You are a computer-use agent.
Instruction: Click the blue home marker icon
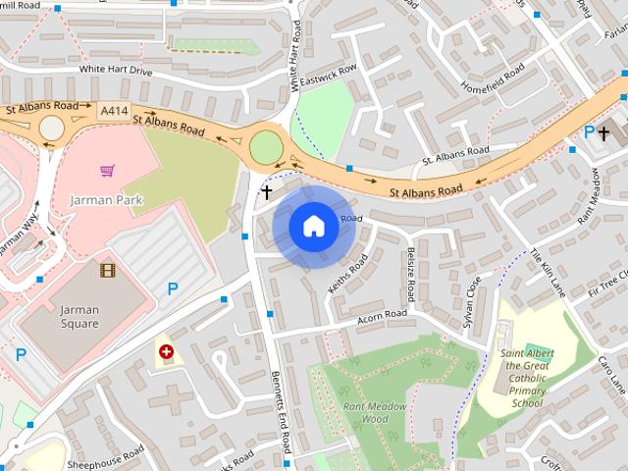coord(313,226)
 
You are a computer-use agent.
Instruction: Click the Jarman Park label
coord(106,200)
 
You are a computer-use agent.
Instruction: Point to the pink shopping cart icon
coord(107,171)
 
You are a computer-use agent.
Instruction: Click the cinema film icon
coord(106,269)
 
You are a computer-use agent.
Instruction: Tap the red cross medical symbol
coord(166,350)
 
